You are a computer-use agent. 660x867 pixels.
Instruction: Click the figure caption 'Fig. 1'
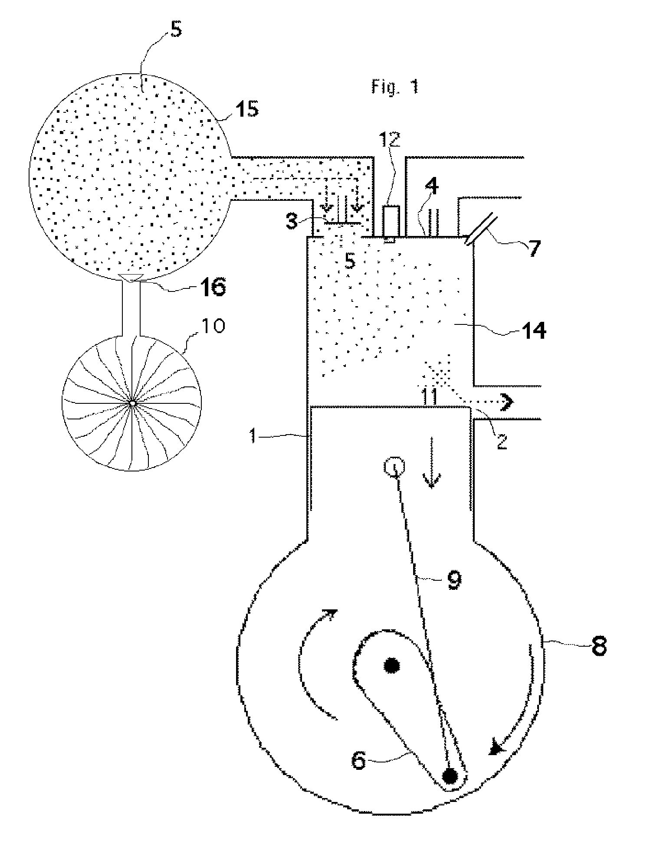395,87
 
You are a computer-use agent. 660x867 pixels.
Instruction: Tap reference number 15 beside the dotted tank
246,108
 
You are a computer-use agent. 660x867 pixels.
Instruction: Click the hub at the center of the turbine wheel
131,403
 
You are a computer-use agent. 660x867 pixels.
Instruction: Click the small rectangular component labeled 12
391,221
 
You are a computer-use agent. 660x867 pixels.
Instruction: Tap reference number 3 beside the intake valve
293,223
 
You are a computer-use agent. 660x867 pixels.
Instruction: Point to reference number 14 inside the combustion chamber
533,331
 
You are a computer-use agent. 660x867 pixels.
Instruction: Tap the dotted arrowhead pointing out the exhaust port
507,403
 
